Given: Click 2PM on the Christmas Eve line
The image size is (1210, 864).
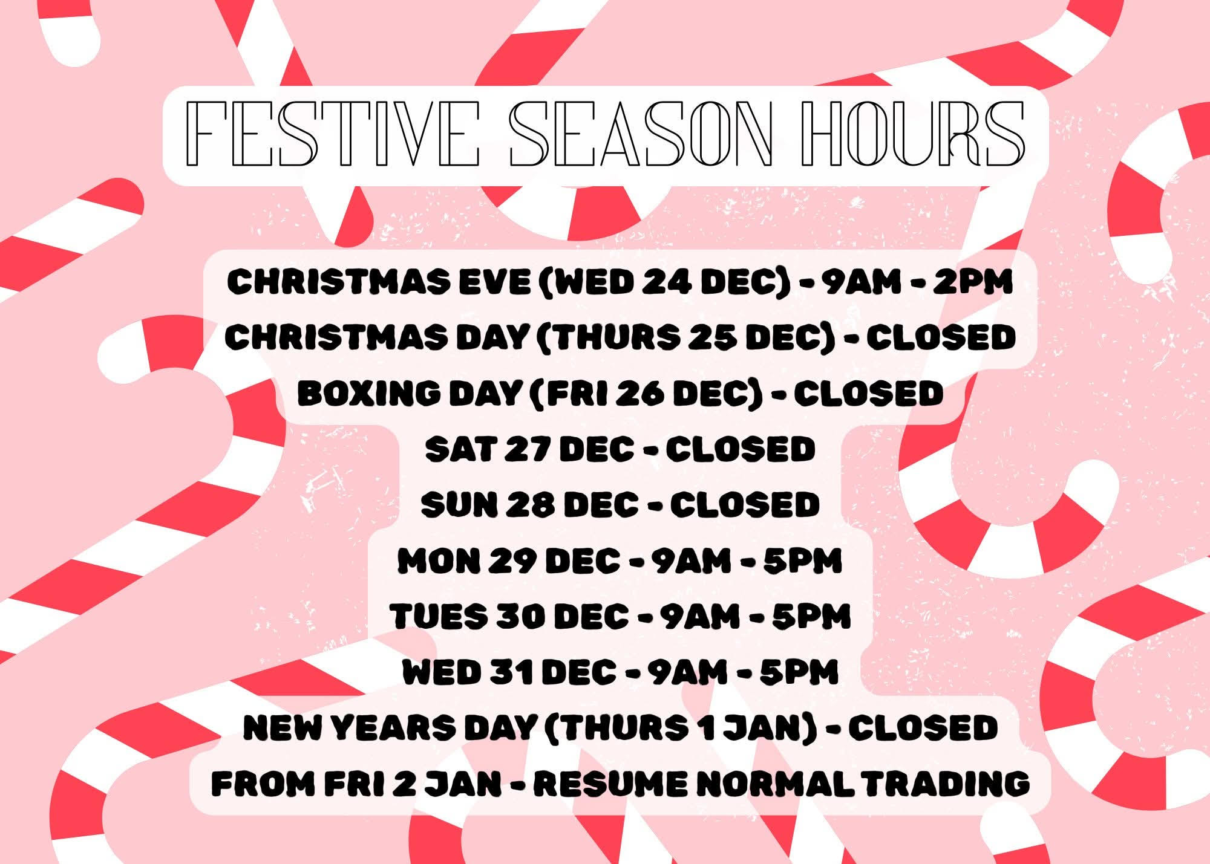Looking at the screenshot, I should point(972,282).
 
